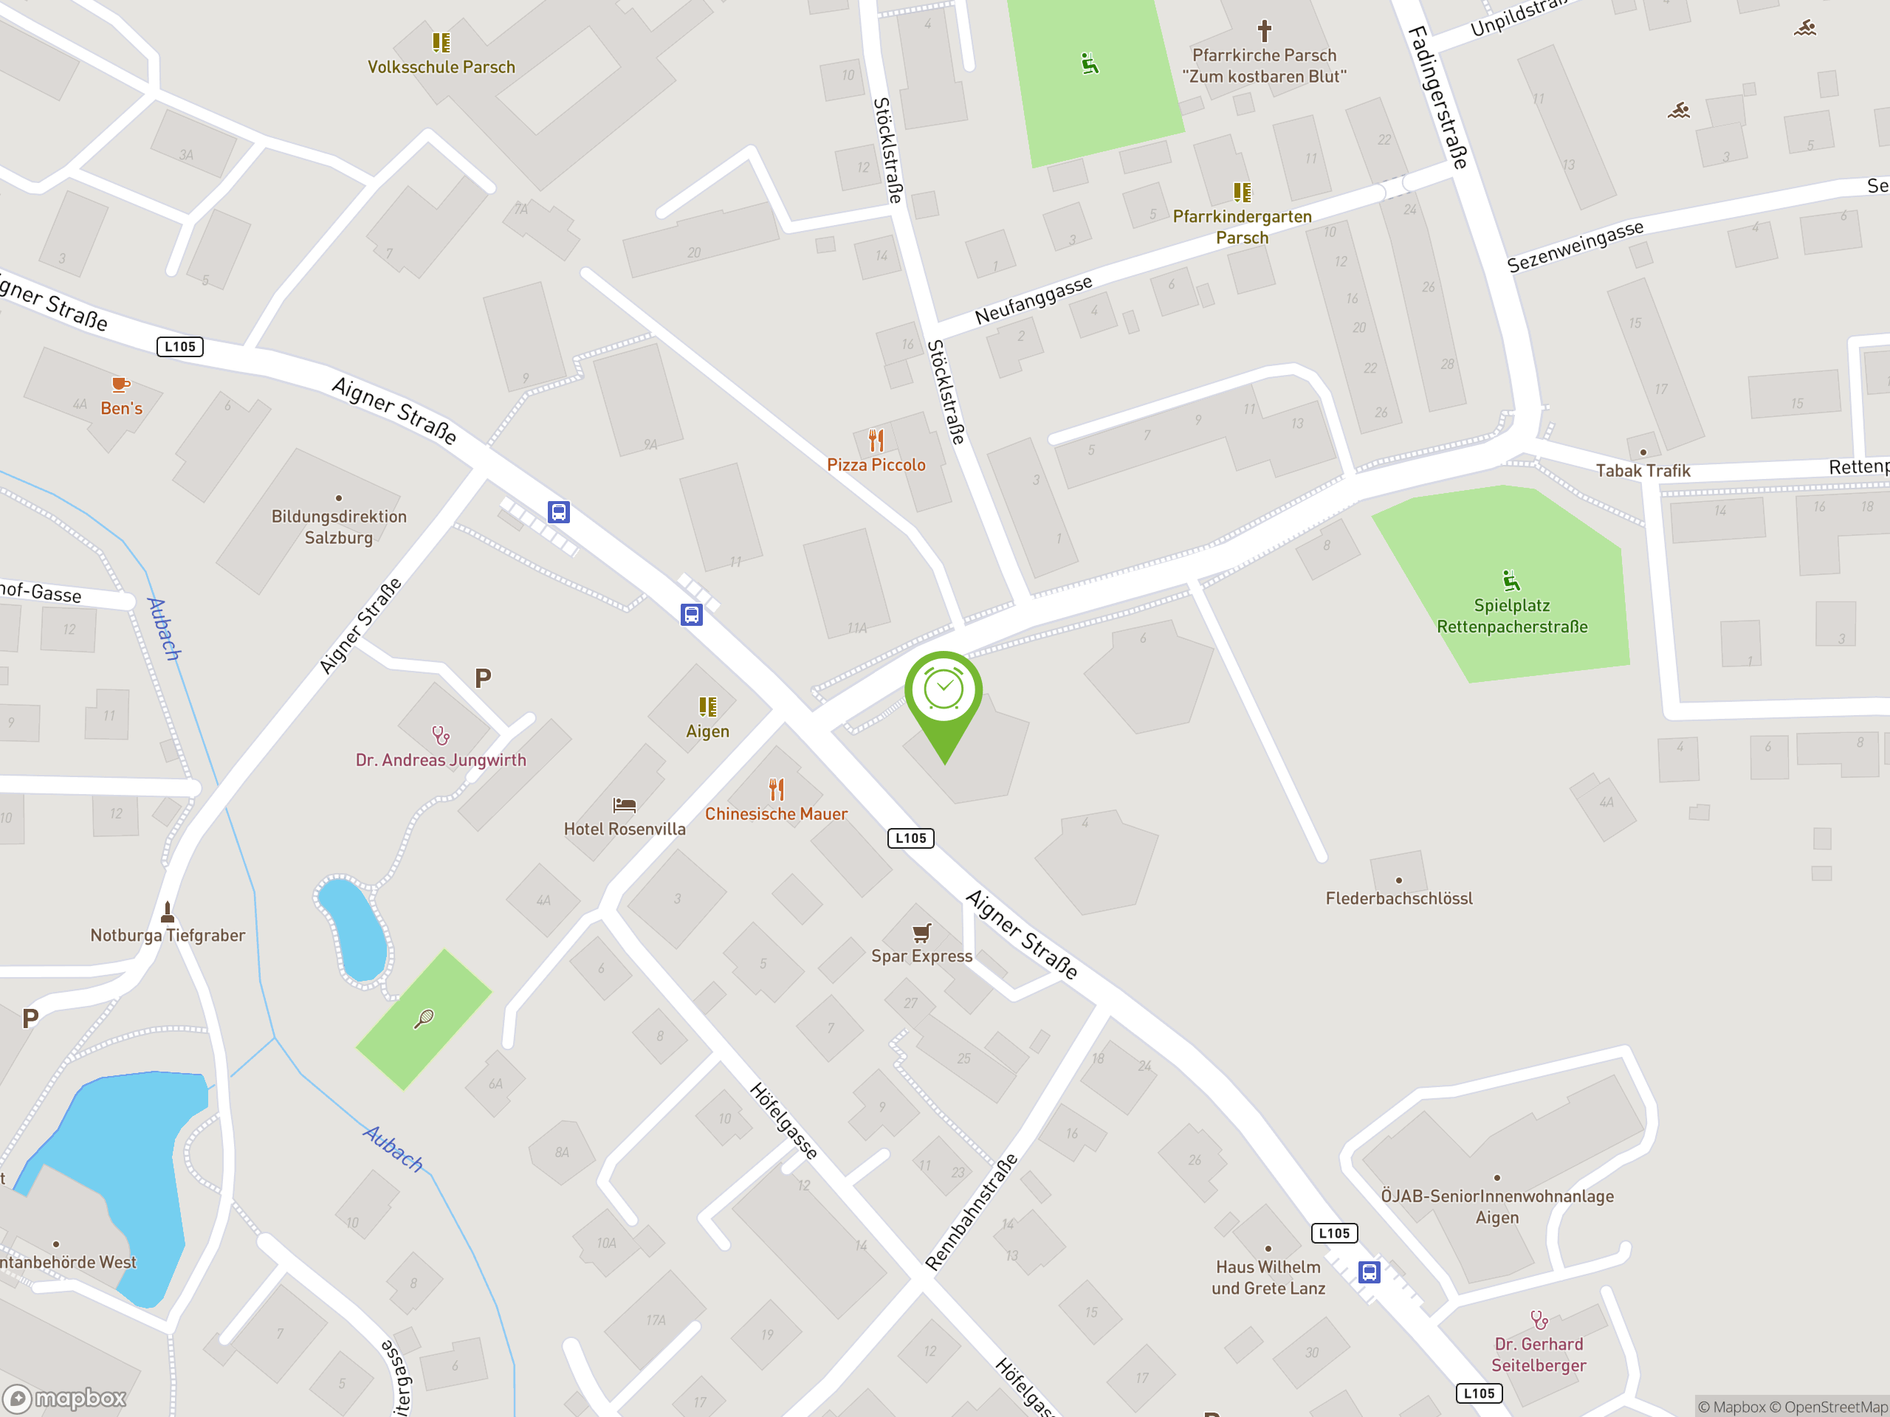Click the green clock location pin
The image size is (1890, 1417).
[x=944, y=692]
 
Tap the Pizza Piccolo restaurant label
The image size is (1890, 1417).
[x=876, y=465]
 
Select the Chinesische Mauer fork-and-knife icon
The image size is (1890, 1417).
[x=776, y=788]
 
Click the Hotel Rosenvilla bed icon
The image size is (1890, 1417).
[x=624, y=804]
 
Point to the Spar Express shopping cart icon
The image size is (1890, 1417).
[x=921, y=932]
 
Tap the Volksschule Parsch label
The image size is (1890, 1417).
[x=441, y=66]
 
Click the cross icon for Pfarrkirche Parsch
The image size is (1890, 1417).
[x=1264, y=32]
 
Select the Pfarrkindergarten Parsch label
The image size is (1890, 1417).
[x=1242, y=227]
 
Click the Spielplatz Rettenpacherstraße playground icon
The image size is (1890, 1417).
[x=1511, y=581]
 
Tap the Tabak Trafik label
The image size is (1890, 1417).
[x=1642, y=471]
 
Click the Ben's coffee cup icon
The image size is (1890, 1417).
[x=120, y=385]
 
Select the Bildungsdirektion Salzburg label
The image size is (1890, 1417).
[x=339, y=527]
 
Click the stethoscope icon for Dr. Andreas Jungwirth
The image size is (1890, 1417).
[x=440, y=734]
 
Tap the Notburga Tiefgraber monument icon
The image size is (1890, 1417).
[x=168, y=912]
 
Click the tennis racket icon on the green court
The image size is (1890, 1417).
[x=424, y=1018]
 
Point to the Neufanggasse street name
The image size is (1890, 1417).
[x=1033, y=300]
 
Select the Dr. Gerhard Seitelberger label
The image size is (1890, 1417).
[x=1538, y=1355]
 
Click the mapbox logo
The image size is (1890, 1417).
[x=65, y=1399]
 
